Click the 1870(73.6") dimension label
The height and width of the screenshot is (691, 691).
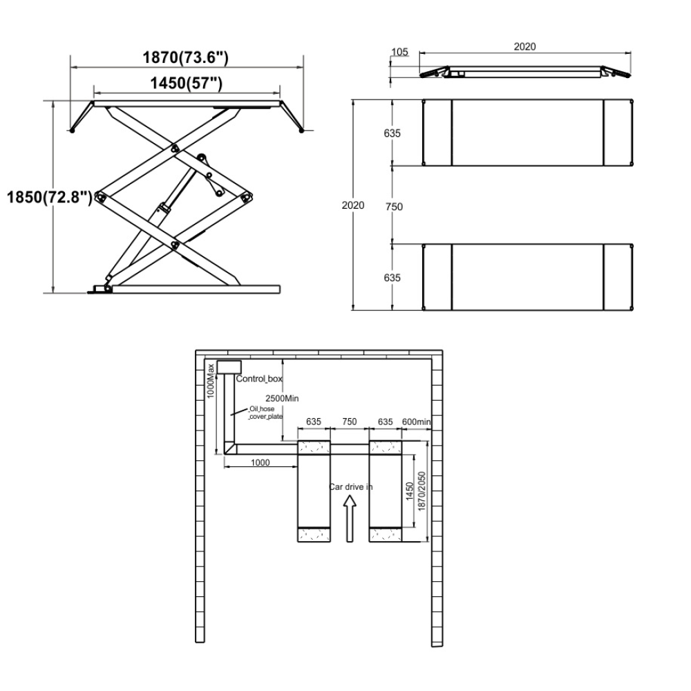click(x=185, y=57)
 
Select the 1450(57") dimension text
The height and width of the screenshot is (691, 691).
click(x=187, y=83)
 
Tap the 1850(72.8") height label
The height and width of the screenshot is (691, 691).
click(x=50, y=197)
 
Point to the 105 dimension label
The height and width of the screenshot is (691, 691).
click(x=399, y=52)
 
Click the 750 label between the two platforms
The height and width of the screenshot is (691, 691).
click(x=394, y=207)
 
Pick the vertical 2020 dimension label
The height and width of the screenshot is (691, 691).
click(x=353, y=205)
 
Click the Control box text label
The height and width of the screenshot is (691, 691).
click(x=259, y=379)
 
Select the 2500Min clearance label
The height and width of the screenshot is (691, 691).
click(x=282, y=399)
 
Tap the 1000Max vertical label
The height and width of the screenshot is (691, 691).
click(x=211, y=381)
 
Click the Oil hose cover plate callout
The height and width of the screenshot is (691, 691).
click(x=265, y=413)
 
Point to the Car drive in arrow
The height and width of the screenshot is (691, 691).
click(x=350, y=518)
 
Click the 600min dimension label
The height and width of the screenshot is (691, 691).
click(x=416, y=422)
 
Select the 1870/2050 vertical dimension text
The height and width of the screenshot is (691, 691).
click(x=422, y=491)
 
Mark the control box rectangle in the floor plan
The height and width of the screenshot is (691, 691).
click(x=229, y=367)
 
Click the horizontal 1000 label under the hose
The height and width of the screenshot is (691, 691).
click(x=260, y=463)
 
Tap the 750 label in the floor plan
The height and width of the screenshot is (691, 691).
click(x=350, y=422)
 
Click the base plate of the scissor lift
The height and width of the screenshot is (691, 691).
click(x=196, y=289)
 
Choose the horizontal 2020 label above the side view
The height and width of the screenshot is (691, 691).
click(x=525, y=47)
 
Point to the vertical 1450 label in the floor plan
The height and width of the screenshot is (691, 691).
click(x=409, y=491)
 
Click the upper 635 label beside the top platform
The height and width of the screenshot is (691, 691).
click(x=392, y=133)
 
